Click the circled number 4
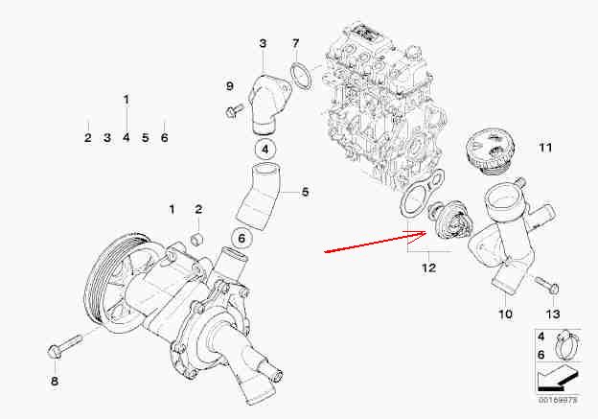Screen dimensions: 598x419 [265, 150]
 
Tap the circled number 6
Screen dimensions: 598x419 [241, 239]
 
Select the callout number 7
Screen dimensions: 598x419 [295, 43]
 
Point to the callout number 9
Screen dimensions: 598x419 [229, 86]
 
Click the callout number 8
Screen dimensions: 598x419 [55, 381]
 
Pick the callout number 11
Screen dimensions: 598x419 [545, 148]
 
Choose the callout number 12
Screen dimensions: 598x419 [428, 268]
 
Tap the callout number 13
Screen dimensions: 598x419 [553, 314]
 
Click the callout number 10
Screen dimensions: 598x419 [505, 314]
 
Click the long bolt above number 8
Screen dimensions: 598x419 [65, 346]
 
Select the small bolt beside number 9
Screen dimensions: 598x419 [234, 110]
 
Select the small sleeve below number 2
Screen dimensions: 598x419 [197, 239]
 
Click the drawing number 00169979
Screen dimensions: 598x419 [559, 400]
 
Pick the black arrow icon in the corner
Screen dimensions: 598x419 [559, 379]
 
